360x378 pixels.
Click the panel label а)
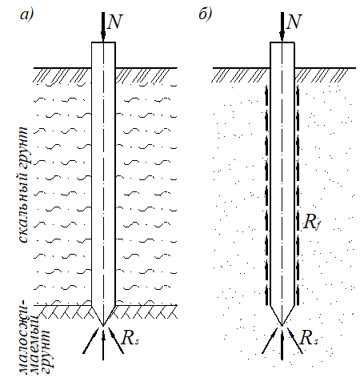pos(26,15)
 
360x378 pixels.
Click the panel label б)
pos(206,14)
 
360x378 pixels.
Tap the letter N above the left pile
pos(114,22)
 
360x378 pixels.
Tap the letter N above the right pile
pos(294,22)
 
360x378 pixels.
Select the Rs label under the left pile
pos(130,338)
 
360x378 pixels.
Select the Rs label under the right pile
pos(309,338)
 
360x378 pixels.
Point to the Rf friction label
pos(312,222)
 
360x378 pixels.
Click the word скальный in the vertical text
pos(23,203)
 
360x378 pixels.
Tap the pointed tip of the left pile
pos(103,326)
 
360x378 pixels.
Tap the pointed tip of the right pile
pos(282,325)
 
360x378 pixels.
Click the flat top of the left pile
pos(103,42)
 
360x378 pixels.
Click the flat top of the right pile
pos(282,42)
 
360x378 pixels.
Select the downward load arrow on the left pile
pos(103,27)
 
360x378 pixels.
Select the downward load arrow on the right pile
pos(282,27)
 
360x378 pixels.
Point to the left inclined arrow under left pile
pos(90,341)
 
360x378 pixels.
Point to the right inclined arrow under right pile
pos(295,341)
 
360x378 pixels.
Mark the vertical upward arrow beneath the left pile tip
pos(103,344)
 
